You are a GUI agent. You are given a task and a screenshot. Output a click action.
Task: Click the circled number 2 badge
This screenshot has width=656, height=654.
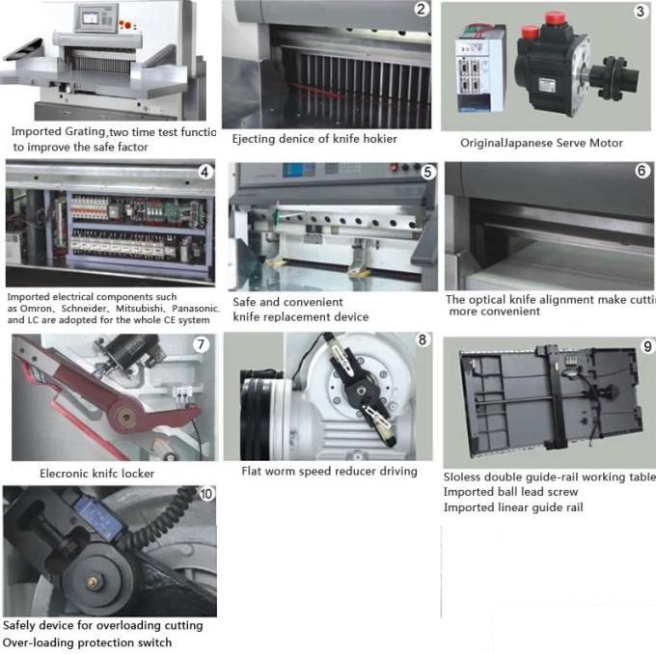421,11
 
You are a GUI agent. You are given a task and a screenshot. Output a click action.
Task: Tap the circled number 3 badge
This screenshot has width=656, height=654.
640,13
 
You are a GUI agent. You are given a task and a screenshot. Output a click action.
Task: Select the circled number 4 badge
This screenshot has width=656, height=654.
204,173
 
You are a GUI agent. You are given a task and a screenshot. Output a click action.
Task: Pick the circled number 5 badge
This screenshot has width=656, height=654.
426,173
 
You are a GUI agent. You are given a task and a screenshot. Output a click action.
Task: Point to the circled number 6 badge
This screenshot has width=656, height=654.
642,171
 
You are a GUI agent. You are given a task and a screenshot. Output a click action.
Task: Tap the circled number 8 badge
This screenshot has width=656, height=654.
422,341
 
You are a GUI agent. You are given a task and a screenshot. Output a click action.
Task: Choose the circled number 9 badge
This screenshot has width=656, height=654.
646,346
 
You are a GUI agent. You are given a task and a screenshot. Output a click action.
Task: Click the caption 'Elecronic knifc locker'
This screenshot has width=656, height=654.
96,474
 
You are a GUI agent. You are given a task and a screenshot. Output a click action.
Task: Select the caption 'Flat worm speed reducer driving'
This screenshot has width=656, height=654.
329,471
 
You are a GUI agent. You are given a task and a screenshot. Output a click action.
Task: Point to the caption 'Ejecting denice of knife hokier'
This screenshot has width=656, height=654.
314,139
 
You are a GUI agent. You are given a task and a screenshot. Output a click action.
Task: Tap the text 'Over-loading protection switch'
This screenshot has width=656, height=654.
87,642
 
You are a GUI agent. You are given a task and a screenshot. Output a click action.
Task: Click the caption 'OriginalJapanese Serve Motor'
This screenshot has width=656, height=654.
541,143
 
